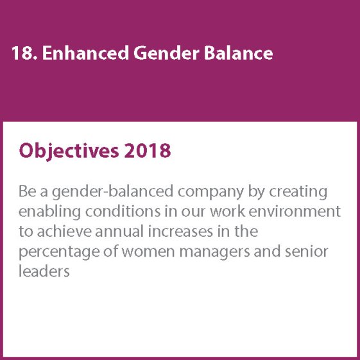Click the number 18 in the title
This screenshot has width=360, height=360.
[x=24, y=53]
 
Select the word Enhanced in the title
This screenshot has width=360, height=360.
[x=85, y=53]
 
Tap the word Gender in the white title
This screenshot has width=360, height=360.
[x=166, y=53]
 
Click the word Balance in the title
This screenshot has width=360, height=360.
[x=238, y=53]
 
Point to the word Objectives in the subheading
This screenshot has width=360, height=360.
[x=69, y=151]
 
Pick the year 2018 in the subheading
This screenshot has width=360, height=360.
[x=148, y=150]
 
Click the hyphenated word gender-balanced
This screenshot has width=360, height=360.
[x=112, y=192]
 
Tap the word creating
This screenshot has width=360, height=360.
[x=298, y=192]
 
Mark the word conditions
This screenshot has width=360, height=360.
[x=123, y=211]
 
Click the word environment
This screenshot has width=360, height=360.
[x=295, y=212]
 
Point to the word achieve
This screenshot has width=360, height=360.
[x=64, y=231]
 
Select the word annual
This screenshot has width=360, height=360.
[x=119, y=231]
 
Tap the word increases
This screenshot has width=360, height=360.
[x=180, y=231]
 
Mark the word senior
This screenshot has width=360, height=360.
[x=307, y=251]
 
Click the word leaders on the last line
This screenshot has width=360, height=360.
[x=44, y=271]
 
